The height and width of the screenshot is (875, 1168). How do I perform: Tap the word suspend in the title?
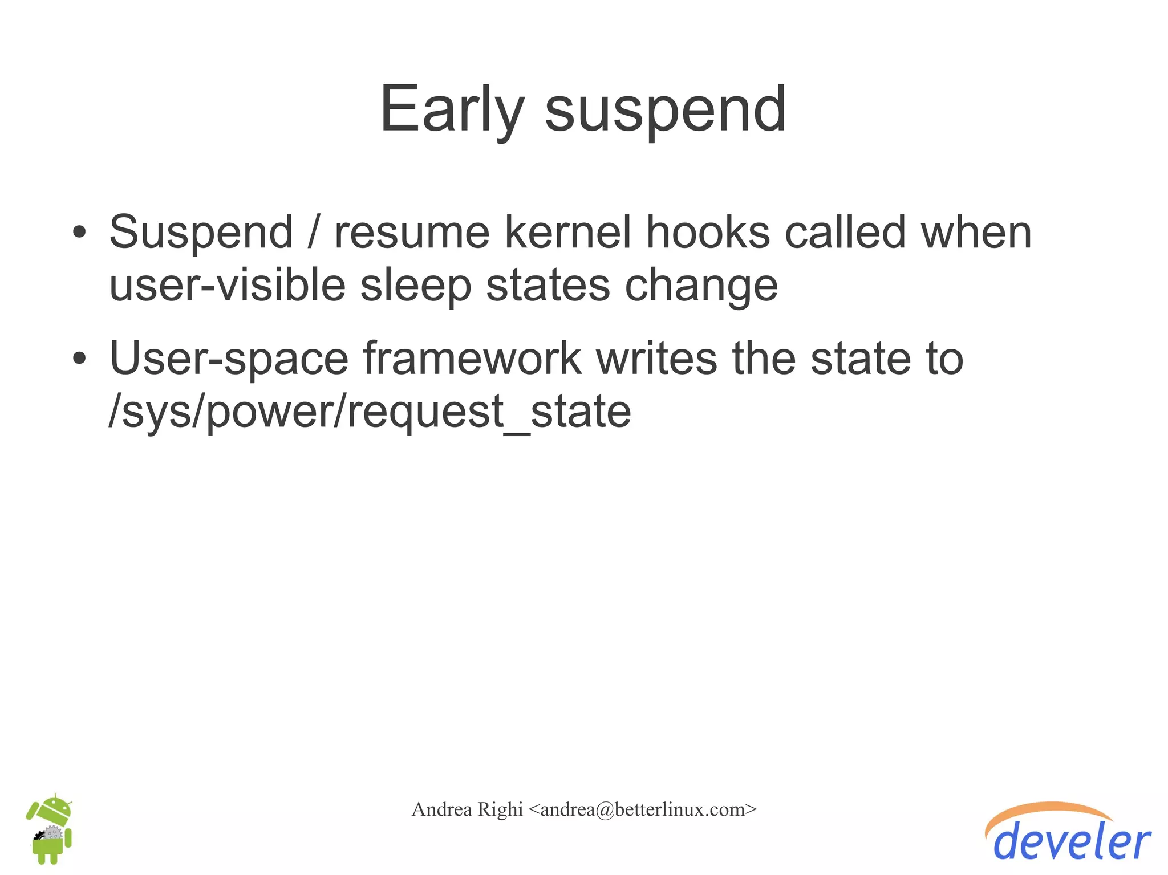pos(666,109)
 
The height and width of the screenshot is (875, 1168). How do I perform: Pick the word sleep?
pos(416,287)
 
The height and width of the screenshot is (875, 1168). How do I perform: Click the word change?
pos(701,287)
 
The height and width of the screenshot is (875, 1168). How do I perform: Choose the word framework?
pos(472,359)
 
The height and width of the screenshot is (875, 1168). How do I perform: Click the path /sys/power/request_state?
pos(370,412)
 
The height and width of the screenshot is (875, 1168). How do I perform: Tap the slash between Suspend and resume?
pos(314,233)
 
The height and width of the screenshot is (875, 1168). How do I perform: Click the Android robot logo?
pos(50,829)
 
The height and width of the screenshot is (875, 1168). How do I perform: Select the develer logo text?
pos(1072,843)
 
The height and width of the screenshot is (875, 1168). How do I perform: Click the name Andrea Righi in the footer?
pos(467,809)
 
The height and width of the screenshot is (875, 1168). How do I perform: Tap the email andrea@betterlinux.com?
pos(642,809)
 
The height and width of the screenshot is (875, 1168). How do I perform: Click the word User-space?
pos(229,359)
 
